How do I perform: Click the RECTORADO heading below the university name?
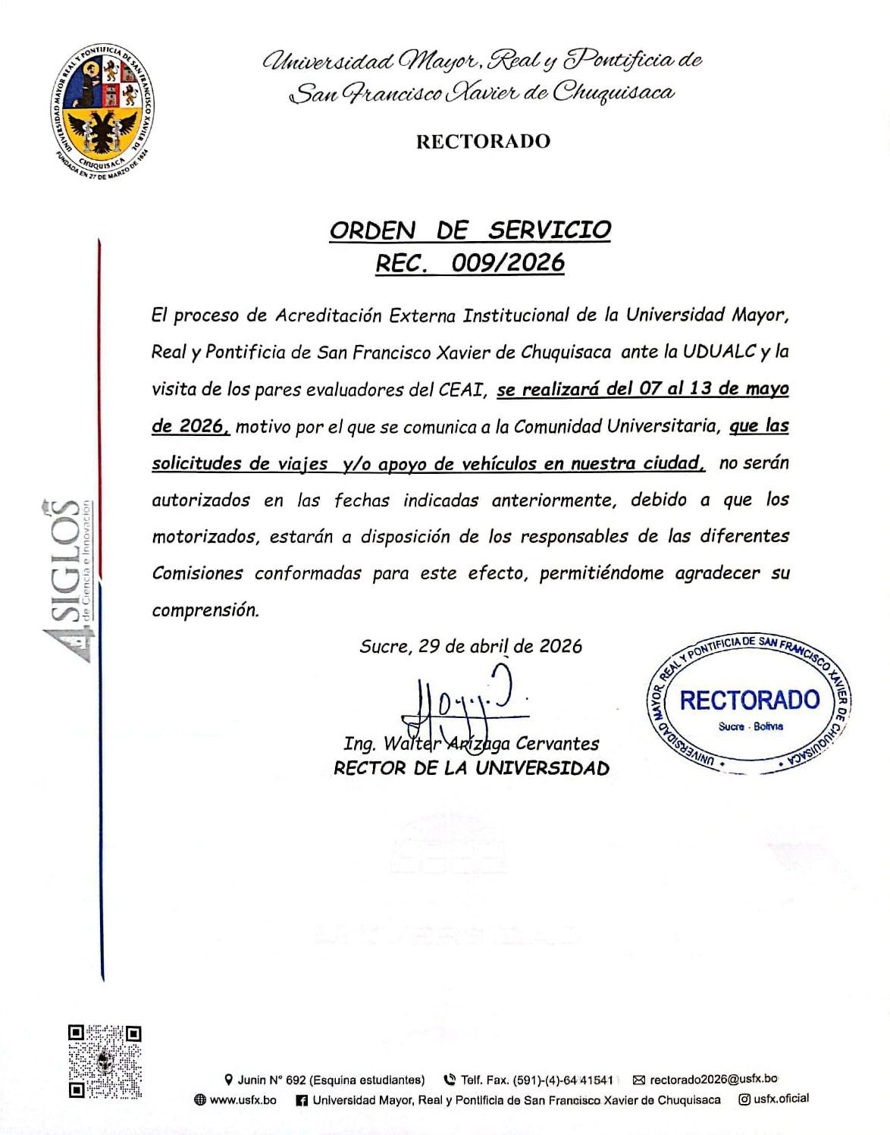coord(483,141)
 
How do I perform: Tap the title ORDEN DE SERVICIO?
coord(470,230)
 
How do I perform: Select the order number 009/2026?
coord(508,262)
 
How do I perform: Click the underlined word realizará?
coord(563,389)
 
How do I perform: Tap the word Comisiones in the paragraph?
coord(197,573)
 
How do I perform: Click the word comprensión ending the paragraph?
coord(205,610)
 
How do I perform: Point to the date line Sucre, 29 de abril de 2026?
coord(471,646)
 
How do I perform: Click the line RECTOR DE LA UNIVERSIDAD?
coord(471,768)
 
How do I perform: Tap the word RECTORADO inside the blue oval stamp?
coord(749,700)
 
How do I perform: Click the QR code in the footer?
coord(105,1061)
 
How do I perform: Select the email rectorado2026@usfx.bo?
coord(713,1079)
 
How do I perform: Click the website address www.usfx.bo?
coord(243,1099)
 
